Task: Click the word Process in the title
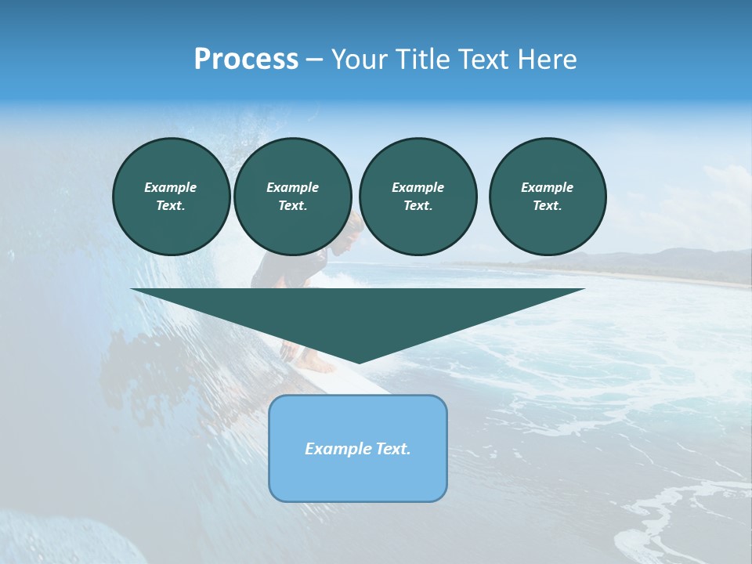click(246, 60)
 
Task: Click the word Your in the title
click(360, 60)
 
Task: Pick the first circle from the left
click(171, 197)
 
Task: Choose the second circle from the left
click(292, 197)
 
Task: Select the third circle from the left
click(418, 197)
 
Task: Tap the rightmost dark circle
click(547, 197)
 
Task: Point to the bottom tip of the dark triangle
click(358, 362)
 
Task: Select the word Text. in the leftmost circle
click(171, 206)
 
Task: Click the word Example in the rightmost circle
click(547, 187)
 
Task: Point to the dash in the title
click(314, 60)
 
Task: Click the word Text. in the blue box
click(392, 449)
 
